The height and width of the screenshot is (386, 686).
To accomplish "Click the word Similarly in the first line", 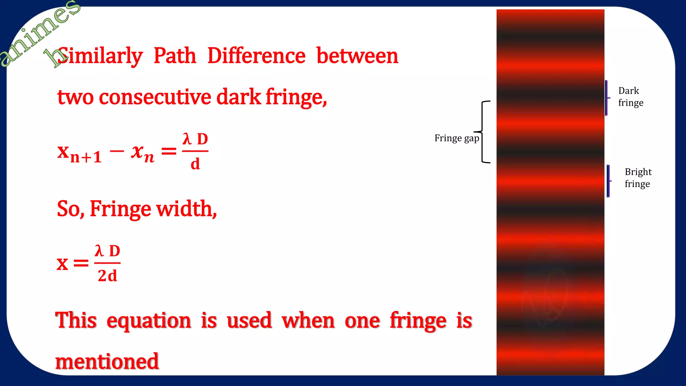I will pos(100,56).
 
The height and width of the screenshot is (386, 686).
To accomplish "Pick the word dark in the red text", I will pos(238,97).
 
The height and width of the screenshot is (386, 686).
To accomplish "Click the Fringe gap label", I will pos(456,138).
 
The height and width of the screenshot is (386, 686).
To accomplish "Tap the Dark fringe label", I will pos(630,96).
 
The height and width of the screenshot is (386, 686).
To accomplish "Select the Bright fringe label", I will pos(638,178).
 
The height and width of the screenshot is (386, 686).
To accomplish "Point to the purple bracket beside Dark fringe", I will pos(607,98).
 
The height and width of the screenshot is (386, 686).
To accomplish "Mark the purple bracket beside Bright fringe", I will pos(609,181).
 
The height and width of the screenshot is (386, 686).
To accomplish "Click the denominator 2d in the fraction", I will pos(107,276).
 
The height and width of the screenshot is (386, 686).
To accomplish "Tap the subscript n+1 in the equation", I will pos(86,157).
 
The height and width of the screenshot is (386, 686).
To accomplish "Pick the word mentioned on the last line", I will pos(107,362).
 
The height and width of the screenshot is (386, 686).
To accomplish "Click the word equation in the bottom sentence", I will pos(149,320).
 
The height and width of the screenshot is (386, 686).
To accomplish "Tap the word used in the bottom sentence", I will pos(249,320).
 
